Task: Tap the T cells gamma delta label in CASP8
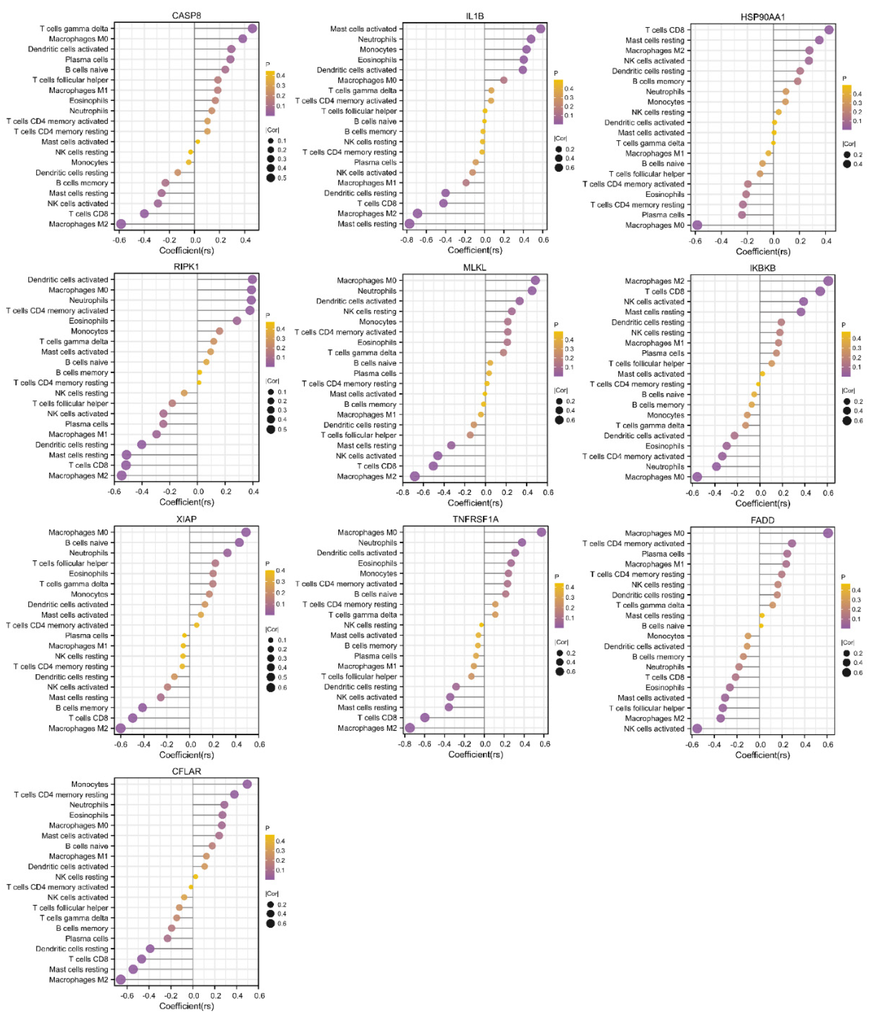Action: coord(74,28)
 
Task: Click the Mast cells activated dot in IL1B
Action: coord(540,28)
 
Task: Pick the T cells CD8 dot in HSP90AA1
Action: coord(829,30)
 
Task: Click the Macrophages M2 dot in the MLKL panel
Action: coord(415,476)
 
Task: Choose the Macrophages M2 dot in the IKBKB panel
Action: coord(828,281)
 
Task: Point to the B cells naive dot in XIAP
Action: coord(239,543)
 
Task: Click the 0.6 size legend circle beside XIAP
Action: coord(271,687)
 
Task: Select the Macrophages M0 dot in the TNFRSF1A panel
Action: coord(541,532)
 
